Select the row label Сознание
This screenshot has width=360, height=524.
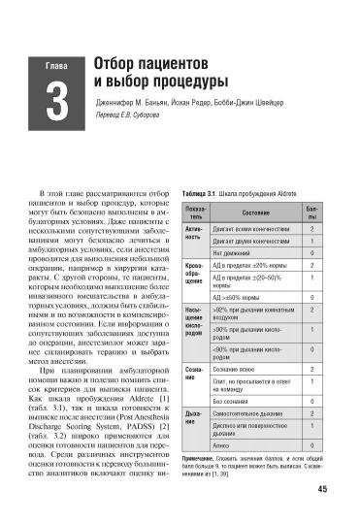point(195,375)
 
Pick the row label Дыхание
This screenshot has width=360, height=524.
point(195,422)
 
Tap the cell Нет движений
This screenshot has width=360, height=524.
point(233,253)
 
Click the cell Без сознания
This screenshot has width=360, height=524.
point(234,400)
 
